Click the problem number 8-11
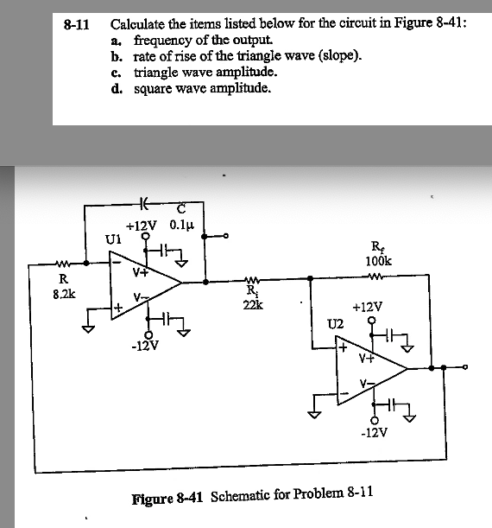tap(79, 25)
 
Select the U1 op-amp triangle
tap(142, 279)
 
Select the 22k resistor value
tap(253, 303)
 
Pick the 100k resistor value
tap(377, 260)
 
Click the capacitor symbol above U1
tap(145, 206)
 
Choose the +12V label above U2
tap(369, 307)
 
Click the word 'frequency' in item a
tap(162, 41)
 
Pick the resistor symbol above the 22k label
tap(253, 279)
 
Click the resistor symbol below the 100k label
tap(376, 278)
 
